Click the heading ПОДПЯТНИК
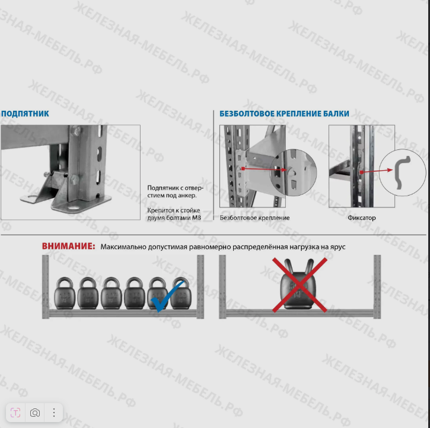coord(25,114)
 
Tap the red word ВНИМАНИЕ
coord(68,246)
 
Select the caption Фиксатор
coord(362,218)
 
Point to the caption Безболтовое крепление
coord(255,218)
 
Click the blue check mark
coord(167,297)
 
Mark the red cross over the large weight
coord(300,285)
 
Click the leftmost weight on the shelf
coord(65,293)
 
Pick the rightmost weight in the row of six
coord(181,293)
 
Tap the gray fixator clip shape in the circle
coord(402,173)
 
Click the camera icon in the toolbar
coord(35,413)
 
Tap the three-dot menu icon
coord(54,413)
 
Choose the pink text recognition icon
coord(15,413)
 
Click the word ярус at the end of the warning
coord(337,247)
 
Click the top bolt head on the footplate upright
coord(76,130)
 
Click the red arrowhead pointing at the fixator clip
coord(390,170)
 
